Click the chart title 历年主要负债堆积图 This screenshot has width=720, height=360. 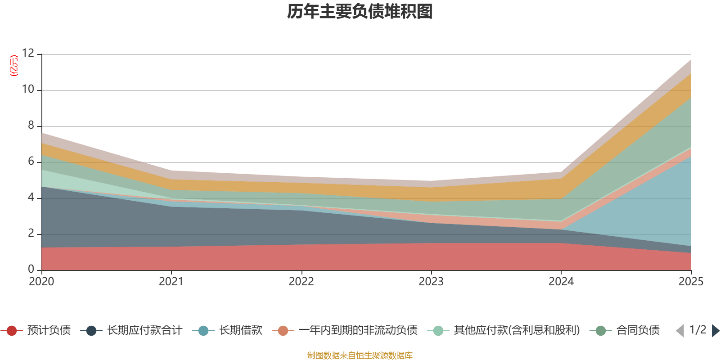click(x=360, y=12)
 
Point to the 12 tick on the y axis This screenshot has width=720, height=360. click(x=28, y=54)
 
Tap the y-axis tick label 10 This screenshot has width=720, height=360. click(x=28, y=90)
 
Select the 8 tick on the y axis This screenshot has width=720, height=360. click(x=31, y=126)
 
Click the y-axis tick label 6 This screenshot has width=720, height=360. click(x=31, y=162)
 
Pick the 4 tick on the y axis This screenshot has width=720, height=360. click(x=31, y=198)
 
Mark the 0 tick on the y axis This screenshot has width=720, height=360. click(x=31, y=269)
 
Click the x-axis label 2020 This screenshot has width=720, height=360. click(x=41, y=282)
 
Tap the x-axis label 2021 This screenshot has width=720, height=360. click(x=171, y=282)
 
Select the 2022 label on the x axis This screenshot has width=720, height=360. click(x=301, y=282)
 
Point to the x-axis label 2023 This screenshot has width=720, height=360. click(x=431, y=282)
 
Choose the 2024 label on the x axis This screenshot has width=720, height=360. click(x=561, y=282)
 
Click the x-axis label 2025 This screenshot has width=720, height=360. click(x=690, y=282)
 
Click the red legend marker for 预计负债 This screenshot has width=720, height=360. click(x=12, y=331)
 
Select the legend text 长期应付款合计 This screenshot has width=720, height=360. click(x=144, y=331)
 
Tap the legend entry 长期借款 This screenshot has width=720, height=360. click(x=240, y=331)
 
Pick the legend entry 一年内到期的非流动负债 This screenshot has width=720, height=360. click(x=358, y=331)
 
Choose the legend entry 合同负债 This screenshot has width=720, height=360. click(x=638, y=331)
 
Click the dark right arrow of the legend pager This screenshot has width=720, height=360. click(x=715, y=331)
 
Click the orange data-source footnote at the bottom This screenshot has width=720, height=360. click(x=360, y=355)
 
